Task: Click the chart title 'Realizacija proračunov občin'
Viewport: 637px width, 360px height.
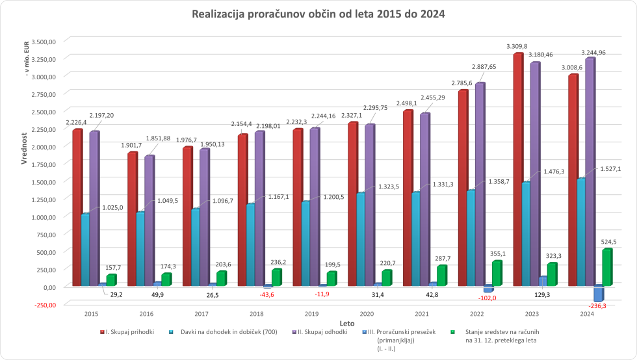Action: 318,14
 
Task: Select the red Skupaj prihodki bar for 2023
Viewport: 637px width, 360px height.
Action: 517,169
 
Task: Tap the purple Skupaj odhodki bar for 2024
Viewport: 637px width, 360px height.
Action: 590,172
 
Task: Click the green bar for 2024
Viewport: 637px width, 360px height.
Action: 606,268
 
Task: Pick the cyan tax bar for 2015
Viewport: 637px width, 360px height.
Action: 85,250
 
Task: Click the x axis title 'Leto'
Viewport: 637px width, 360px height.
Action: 346,322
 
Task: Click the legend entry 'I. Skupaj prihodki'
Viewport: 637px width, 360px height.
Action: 130,332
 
